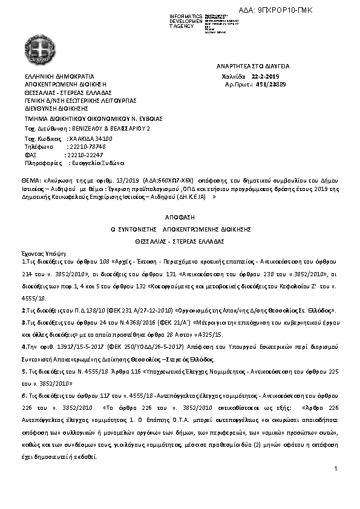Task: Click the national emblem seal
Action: (x=42, y=48)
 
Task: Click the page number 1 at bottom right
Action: (x=335, y=469)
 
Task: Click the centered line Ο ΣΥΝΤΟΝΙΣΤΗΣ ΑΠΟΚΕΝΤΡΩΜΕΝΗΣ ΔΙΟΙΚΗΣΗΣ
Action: (x=180, y=230)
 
